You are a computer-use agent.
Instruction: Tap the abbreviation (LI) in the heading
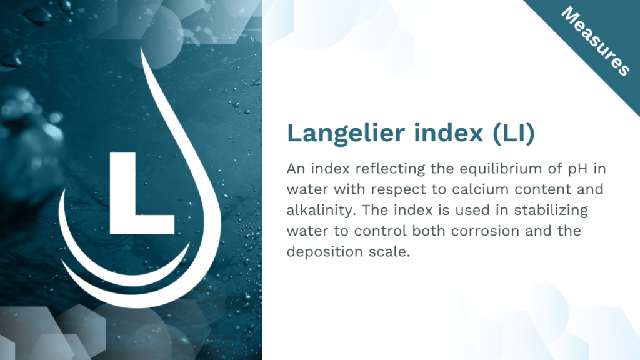click(x=514, y=132)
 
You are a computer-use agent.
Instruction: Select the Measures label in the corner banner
click(x=595, y=41)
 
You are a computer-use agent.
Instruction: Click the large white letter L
click(x=142, y=193)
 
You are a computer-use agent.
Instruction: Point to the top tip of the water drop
click(x=142, y=47)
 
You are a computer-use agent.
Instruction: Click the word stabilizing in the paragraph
click(x=551, y=211)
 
